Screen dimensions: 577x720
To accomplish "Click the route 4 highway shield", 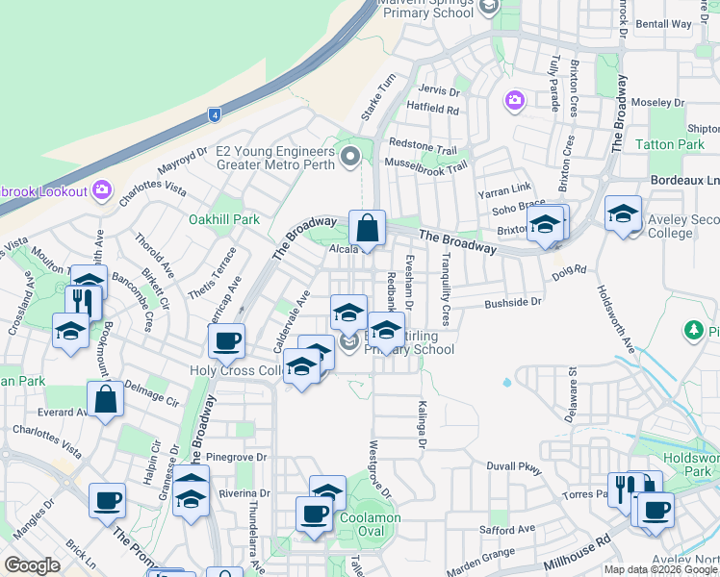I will pyautogui.click(x=214, y=115).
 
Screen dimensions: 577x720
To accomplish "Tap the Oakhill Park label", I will pyautogui.click(x=224, y=219).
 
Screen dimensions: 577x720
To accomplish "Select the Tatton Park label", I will pyautogui.click(x=670, y=145).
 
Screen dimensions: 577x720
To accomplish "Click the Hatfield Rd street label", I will pyautogui.click(x=432, y=110).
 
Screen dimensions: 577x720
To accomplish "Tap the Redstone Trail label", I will pyautogui.click(x=422, y=144).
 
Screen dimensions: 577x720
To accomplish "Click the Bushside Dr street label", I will pyautogui.click(x=514, y=302).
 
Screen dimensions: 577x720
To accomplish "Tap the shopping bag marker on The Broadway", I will pyautogui.click(x=367, y=229).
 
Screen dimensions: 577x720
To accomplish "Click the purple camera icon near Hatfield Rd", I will pyautogui.click(x=514, y=100).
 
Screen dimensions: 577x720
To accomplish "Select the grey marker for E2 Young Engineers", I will pyautogui.click(x=350, y=155).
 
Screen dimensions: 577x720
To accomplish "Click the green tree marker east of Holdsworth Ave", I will pyautogui.click(x=693, y=331).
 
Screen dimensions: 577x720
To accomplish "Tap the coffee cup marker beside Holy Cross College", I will pyautogui.click(x=226, y=340).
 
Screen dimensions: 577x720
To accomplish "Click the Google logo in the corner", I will pyautogui.click(x=31, y=565).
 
